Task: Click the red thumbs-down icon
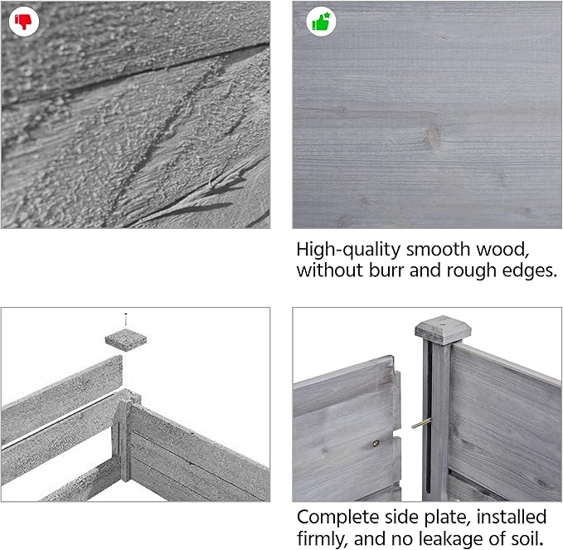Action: point(23,22)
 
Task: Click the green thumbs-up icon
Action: point(321,22)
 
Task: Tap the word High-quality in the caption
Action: point(348,250)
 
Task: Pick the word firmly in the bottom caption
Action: point(323,539)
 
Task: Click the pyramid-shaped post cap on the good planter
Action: point(443,330)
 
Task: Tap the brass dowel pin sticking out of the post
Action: point(421,424)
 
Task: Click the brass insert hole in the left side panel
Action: point(376,444)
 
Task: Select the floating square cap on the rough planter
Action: point(126,339)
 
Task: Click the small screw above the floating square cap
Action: point(126,319)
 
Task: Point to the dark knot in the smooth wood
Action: point(433,136)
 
